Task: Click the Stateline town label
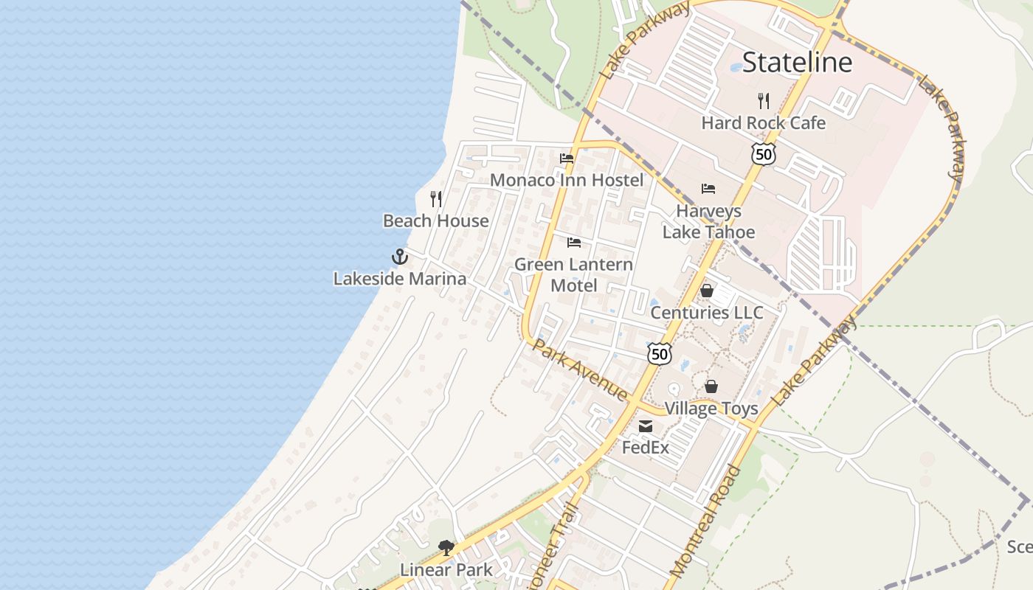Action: tap(797, 63)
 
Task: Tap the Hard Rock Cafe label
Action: tap(764, 123)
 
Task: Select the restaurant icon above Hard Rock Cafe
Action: tap(764, 100)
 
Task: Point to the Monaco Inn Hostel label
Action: tap(567, 180)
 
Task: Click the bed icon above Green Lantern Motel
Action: tap(574, 242)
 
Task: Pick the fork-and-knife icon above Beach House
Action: tap(436, 198)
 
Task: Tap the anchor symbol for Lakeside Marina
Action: tap(399, 257)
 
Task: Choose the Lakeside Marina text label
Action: tap(400, 279)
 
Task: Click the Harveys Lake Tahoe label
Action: tap(708, 221)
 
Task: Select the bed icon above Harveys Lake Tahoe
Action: tap(708, 188)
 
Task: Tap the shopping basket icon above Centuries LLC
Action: tap(707, 291)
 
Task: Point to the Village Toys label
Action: tap(711, 409)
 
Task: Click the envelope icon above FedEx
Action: tap(646, 426)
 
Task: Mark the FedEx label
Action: tap(646, 448)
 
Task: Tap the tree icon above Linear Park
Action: tap(446, 547)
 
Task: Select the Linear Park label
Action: tap(446, 570)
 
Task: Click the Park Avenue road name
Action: tap(580, 369)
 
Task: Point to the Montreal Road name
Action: tap(704, 521)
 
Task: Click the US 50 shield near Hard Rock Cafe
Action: tap(764, 154)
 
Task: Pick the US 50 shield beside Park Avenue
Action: tap(660, 354)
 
